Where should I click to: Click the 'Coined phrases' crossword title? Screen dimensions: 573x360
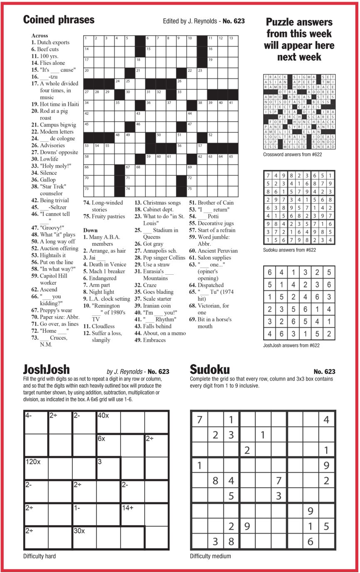tap(59, 20)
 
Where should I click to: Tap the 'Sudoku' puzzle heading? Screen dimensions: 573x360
tap(210, 369)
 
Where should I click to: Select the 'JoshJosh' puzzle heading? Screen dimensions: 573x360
tap(46, 369)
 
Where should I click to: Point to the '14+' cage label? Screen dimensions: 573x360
tap(128, 508)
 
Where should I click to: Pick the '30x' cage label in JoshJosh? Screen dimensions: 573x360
tap(79, 531)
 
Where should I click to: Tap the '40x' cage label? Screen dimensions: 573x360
tap(104, 415)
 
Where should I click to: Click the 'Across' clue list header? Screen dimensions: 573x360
tap(39, 36)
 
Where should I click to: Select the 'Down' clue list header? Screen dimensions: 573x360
tap(90, 230)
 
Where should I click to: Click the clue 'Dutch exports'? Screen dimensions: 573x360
tap(53, 42)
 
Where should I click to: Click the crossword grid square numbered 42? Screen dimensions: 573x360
tap(89, 116)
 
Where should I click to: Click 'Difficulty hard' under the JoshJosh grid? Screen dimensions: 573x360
tap(39, 556)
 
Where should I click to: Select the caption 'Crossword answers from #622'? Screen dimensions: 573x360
tap(293, 155)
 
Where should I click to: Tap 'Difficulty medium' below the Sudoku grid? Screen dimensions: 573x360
tap(210, 556)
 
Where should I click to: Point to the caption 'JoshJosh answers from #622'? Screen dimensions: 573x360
tap(291, 345)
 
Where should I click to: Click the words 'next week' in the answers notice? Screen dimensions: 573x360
tap(299, 57)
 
